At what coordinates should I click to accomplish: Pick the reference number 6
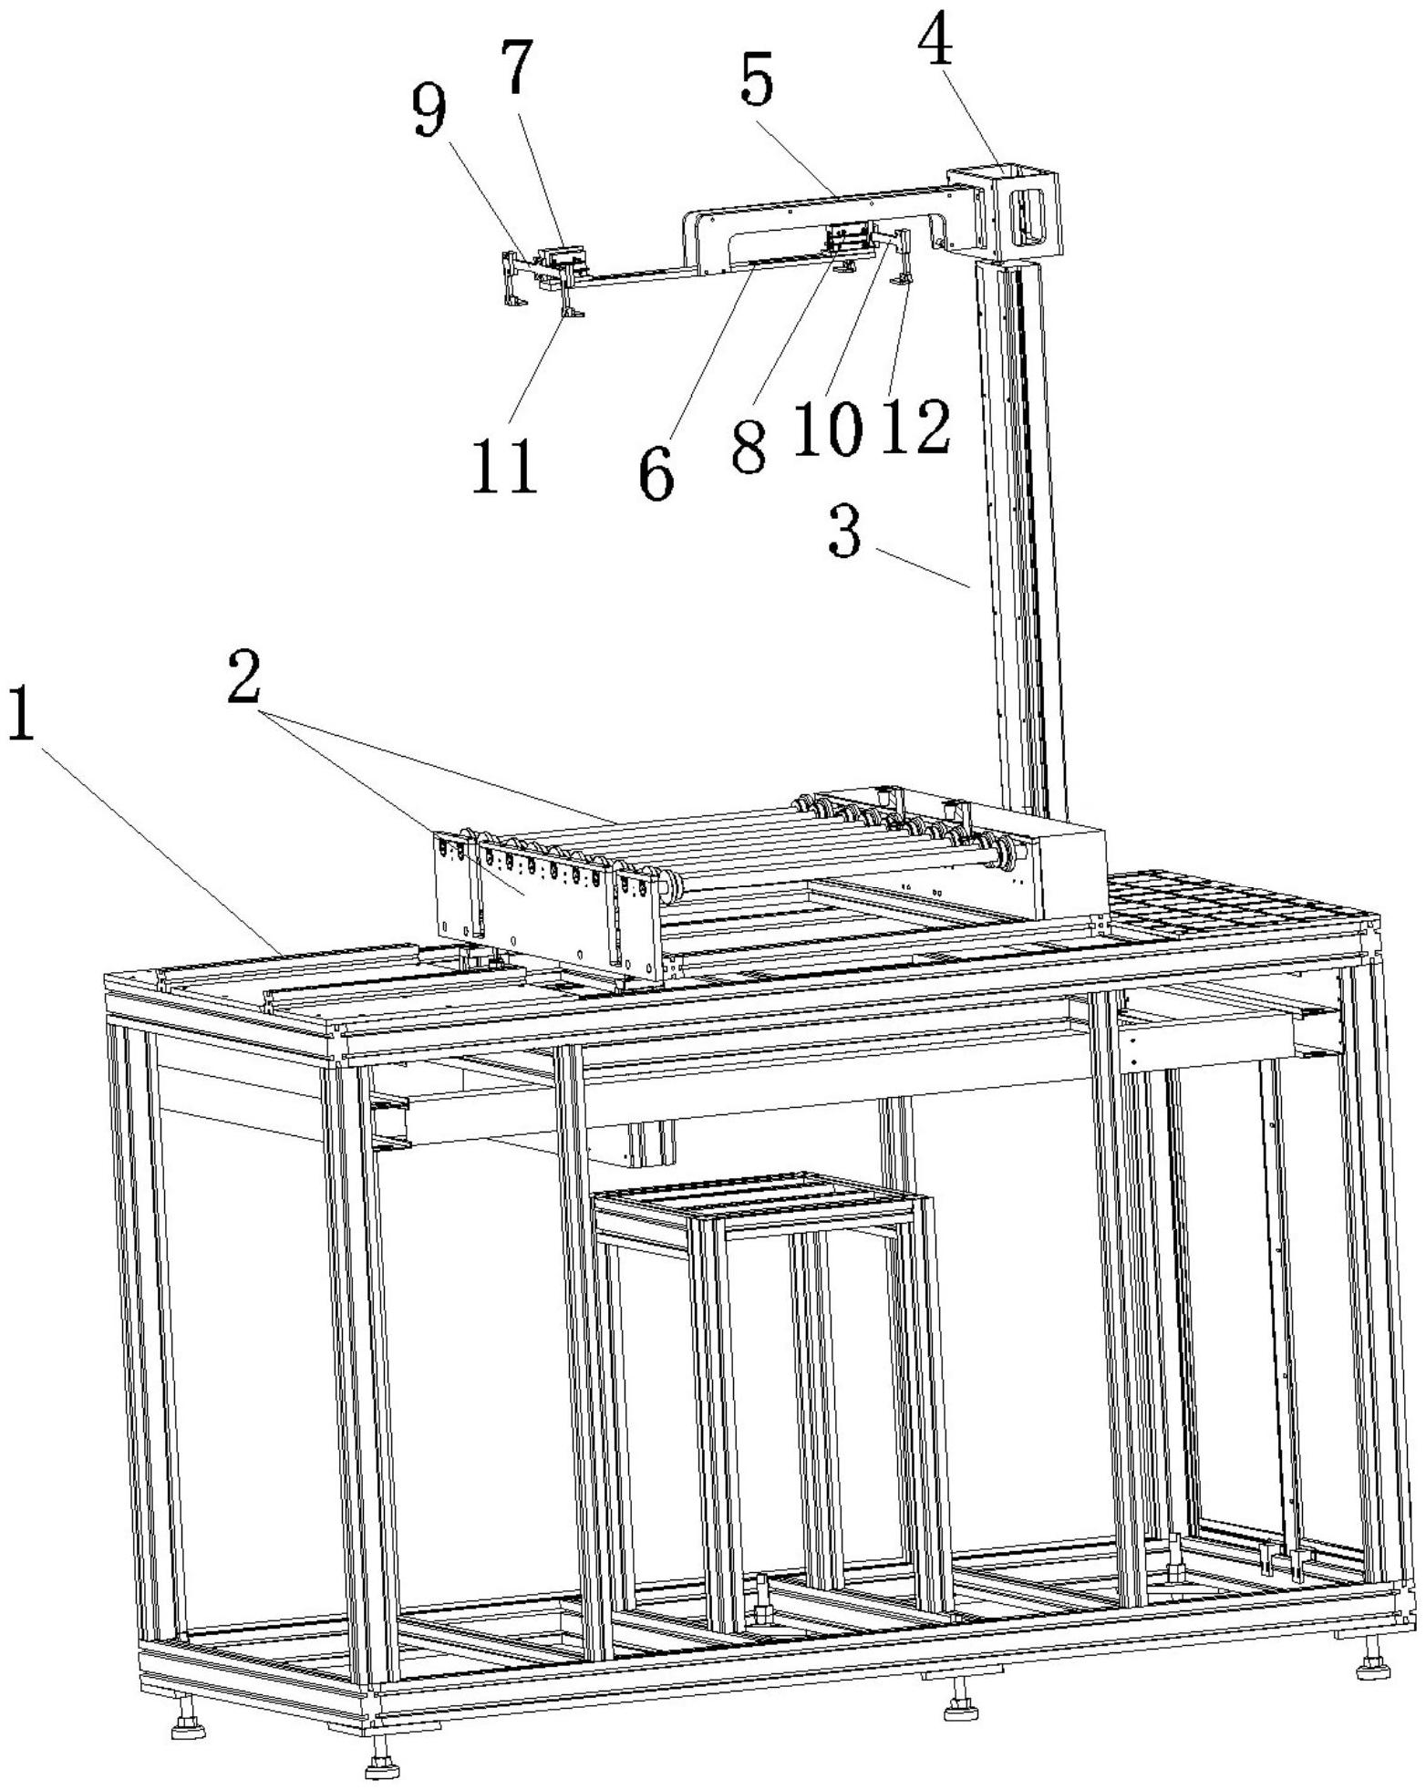tap(656, 474)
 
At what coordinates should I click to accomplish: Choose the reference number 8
tap(749, 446)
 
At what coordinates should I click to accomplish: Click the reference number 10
tap(826, 429)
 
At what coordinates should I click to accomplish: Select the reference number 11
tap(503, 467)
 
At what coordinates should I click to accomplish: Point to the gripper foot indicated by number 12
tap(903, 278)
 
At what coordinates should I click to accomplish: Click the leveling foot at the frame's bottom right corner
tap(1372, 1668)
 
